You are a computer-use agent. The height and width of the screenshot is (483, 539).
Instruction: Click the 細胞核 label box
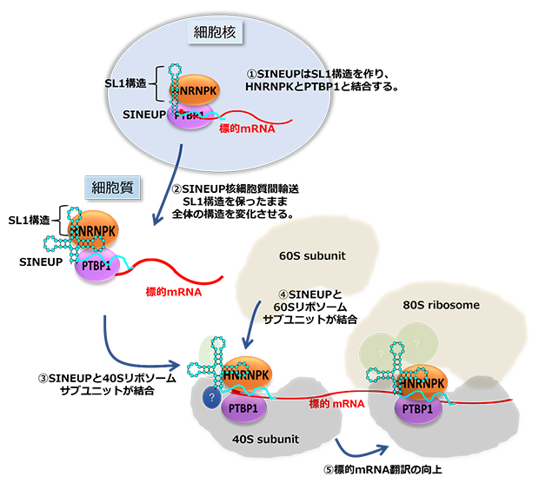click(x=216, y=33)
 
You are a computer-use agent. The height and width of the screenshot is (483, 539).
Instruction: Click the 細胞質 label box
click(x=109, y=186)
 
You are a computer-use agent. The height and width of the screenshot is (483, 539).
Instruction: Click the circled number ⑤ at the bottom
click(x=329, y=469)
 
